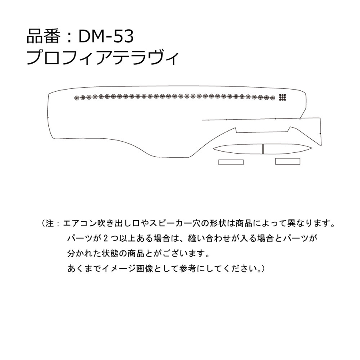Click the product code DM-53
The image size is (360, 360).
(106, 36)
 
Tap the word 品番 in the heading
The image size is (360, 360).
(44, 36)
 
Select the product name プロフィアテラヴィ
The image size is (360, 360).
(102, 58)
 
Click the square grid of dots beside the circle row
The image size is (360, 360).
(283, 98)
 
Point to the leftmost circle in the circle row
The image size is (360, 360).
(77, 98)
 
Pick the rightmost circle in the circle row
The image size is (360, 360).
(272, 98)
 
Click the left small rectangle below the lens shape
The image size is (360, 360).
(231, 162)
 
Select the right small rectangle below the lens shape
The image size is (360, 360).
(288, 162)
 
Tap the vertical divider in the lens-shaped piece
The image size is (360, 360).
(263, 149)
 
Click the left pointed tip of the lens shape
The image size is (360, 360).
(213, 149)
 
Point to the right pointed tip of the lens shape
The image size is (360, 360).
(312, 148)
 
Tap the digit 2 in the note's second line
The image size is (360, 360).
(106, 238)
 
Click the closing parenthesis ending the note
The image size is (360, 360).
(263, 268)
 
